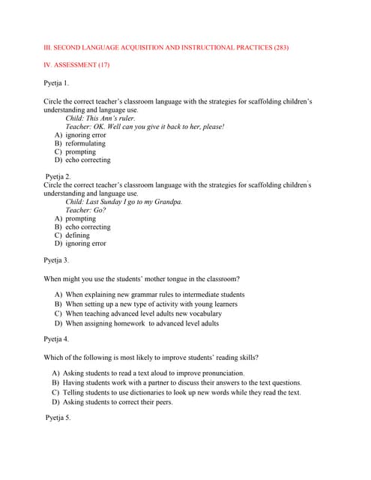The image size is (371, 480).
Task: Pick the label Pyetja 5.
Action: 58,417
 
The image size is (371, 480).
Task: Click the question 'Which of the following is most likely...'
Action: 152,357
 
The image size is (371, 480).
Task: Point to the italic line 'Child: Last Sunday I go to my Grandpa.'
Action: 124,202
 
